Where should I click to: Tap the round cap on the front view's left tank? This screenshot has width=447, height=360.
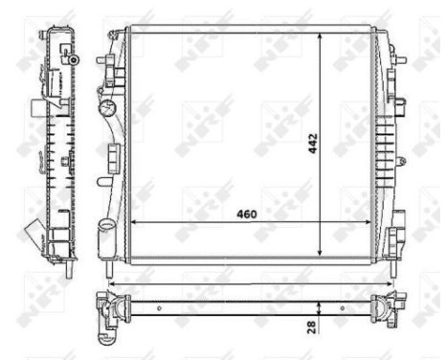coord(108,106)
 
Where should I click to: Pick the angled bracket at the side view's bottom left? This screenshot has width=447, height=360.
coord(35,233)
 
